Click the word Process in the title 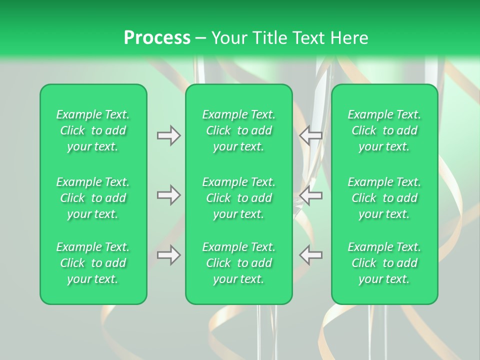pyautogui.click(x=157, y=38)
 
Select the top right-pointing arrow pyautogui.click(x=169, y=135)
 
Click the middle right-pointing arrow pyautogui.click(x=169, y=195)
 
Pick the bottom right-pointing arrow pyautogui.click(x=169, y=255)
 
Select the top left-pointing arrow pyautogui.click(x=310, y=135)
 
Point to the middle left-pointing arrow pyautogui.click(x=310, y=195)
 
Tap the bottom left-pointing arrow pyautogui.click(x=310, y=255)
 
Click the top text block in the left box pyautogui.click(x=93, y=130)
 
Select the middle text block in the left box pyautogui.click(x=93, y=198)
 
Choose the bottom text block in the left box pyautogui.click(x=93, y=263)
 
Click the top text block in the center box pyautogui.click(x=239, y=130)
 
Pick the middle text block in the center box pyautogui.click(x=239, y=198)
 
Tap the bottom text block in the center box pyautogui.click(x=239, y=263)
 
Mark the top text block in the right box pyautogui.click(x=384, y=130)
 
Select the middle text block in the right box pyautogui.click(x=384, y=198)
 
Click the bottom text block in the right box pyautogui.click(x=384, y=263)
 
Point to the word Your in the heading pyautogui.click(x=228, y=38)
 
